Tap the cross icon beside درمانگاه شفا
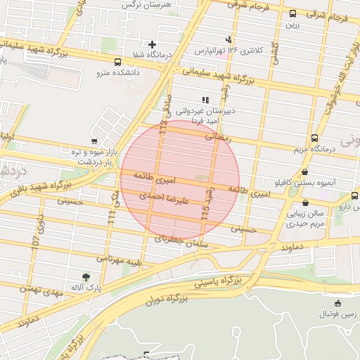pos(152,45)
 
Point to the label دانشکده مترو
pos(117,72)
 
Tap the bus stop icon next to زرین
pos(292,13)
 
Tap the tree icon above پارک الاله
pos(86,276)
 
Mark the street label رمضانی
pos(218,138)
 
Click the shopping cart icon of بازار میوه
pos(95,141)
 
